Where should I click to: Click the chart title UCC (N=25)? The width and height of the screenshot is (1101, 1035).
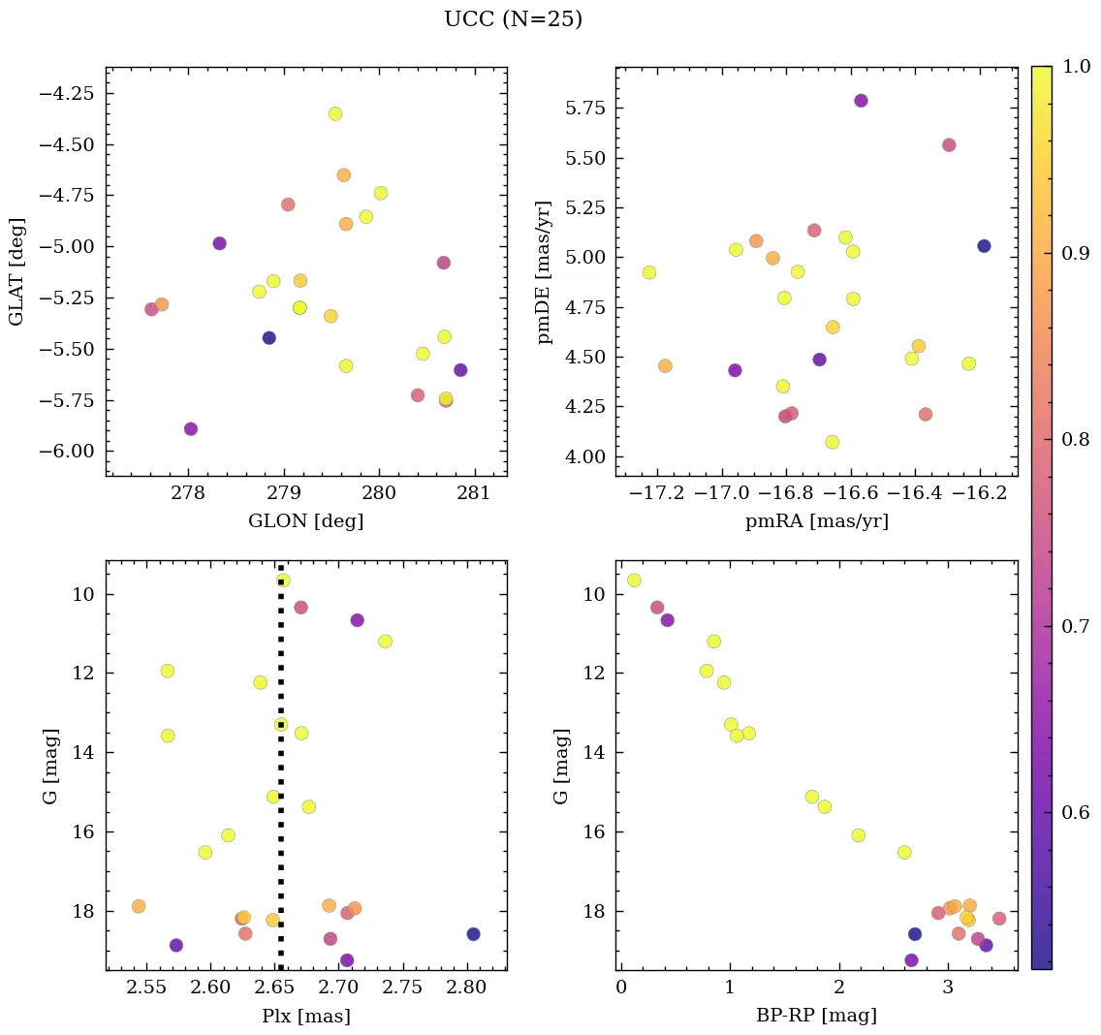tap(513, 19)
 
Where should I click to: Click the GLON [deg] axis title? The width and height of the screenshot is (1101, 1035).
tap(306, 521)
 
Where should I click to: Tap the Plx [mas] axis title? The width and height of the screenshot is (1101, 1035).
tap(306, 1016)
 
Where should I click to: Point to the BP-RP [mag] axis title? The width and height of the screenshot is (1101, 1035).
tap(816, 1016)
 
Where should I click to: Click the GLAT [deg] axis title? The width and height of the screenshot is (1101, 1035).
tap(16, 272)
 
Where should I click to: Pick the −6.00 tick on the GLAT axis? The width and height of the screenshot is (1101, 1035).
tap(66, 452)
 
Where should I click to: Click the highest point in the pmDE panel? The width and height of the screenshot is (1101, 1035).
tap(861, 101)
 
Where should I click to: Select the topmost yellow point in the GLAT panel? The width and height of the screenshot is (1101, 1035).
tap(335, 113)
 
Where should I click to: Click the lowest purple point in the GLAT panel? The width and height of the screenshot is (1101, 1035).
tap(191, 428)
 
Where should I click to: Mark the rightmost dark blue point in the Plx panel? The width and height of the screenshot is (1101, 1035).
tap(473, 934)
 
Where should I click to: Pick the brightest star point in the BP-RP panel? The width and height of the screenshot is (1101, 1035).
tap(634, 580)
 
